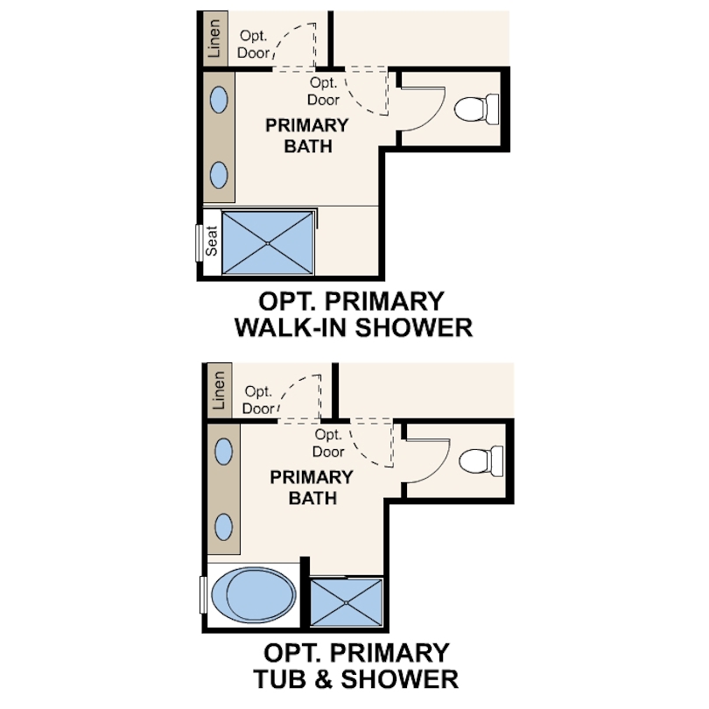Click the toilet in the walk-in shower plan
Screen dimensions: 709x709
tap(476, 109)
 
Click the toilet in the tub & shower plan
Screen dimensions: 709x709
tap(481, 460)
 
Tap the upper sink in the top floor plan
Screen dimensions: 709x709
tap(220, 100)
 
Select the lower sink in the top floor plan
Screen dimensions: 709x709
tap(220, 175)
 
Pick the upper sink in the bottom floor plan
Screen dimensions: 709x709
tap(224, 452)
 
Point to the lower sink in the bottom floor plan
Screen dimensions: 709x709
tap(224, 527)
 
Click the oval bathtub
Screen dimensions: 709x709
tap(254, 594)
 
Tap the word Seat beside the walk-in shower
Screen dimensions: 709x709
tap(212, 241)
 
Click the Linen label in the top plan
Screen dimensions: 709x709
tap(214, 39)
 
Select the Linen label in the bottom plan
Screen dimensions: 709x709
tap(219, 390)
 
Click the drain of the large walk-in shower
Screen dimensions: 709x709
tap(268, 243)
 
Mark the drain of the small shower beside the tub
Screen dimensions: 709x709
tap(347, 603)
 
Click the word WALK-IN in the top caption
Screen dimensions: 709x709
tap(291, 327)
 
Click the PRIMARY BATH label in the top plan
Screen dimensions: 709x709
tap(307, 136)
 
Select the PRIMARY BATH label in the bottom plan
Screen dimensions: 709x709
tap(312, 488)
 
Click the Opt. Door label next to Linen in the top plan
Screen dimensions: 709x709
tap(253, 45)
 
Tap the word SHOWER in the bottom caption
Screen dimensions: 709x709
tap(399, 679)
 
